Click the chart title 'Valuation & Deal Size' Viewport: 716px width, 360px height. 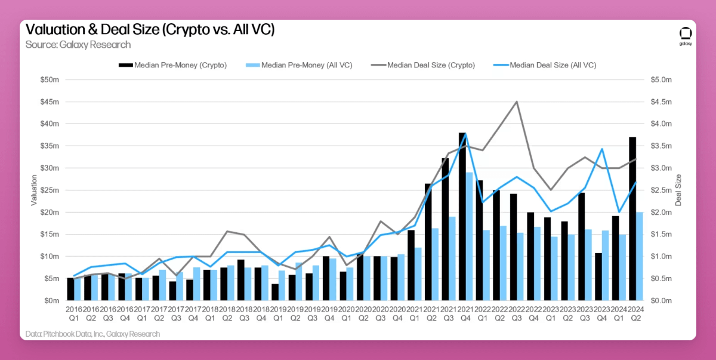(x=150, y=30)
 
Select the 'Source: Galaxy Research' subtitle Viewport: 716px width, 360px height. (x=78, y=45)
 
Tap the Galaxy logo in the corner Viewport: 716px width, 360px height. (x=686, y=35)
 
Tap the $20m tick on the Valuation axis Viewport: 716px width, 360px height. (x=51, y=213)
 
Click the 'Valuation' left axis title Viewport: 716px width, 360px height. (x=34, y=190)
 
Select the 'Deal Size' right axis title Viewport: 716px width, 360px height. (x=678, y=190)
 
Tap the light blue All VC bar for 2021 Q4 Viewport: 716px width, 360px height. (x=470, y=236)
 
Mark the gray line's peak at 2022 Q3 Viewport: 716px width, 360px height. (x=517, y=102)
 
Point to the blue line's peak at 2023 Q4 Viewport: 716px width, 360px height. (x=602, y=149)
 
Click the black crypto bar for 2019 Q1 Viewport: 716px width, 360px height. (x=275, y=292)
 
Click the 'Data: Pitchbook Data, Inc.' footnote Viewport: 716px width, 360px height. (x=92, y=334)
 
